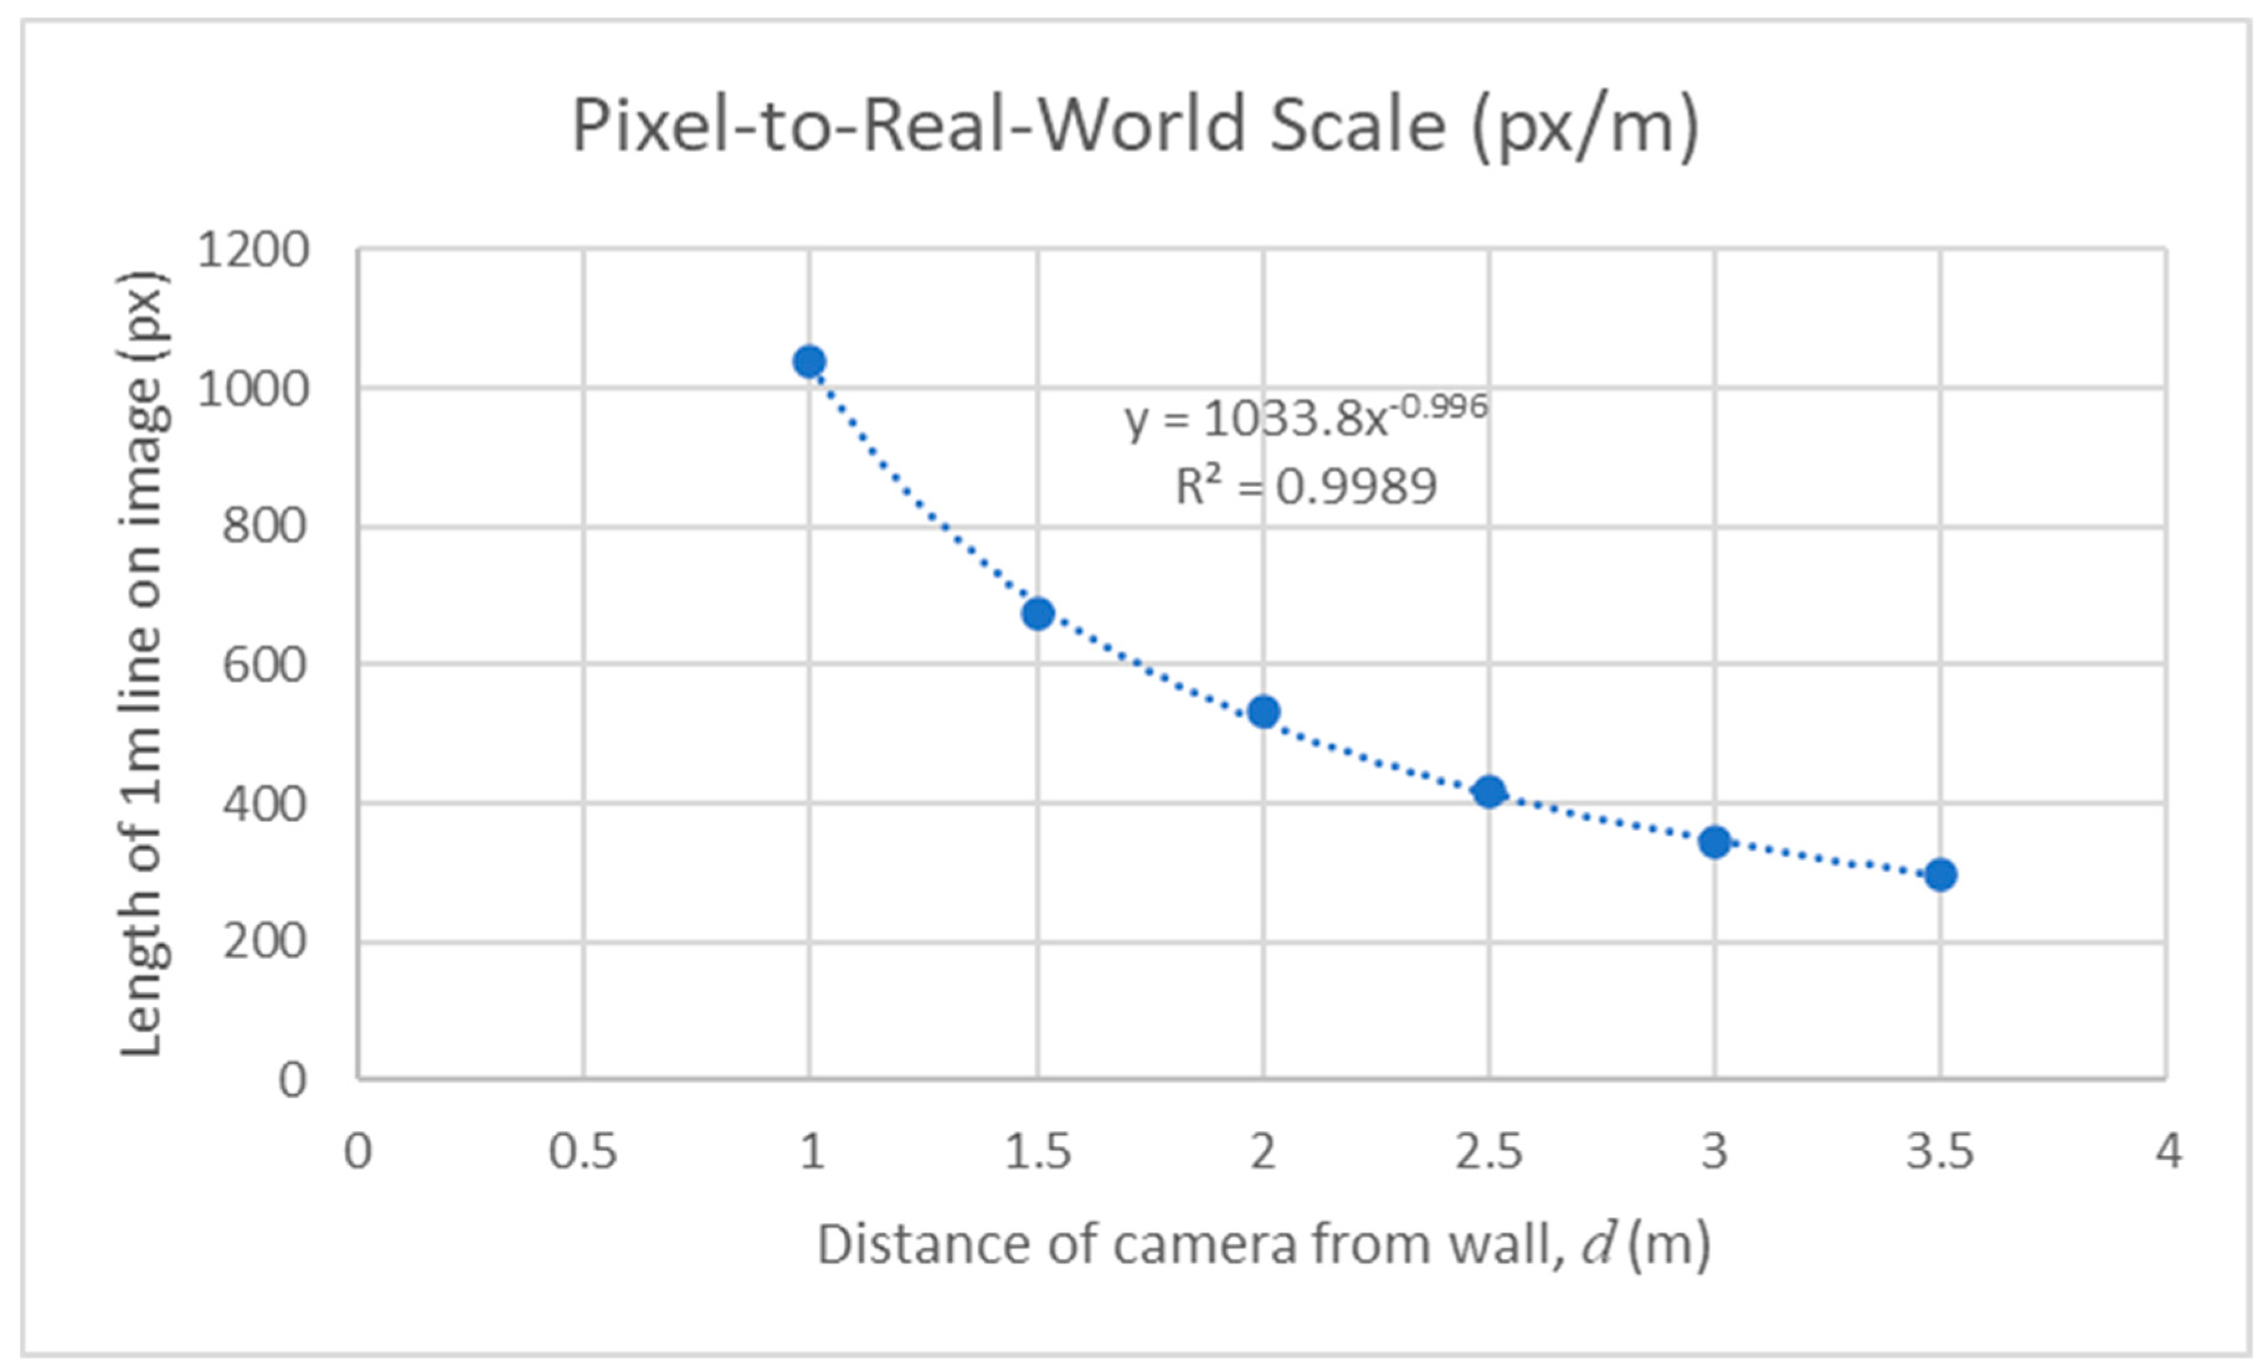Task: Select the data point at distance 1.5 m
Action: (1038, 613)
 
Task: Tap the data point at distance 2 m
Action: (1264, 711)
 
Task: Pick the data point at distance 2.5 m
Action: (1489, 791)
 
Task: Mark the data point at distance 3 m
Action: (1715, 841)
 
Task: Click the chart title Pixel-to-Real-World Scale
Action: (1134, 126)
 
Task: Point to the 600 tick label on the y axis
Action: (264, 665)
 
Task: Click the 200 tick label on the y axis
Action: (264, 941)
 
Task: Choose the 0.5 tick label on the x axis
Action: (582, 1151)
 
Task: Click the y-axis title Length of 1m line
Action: (143, 665)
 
